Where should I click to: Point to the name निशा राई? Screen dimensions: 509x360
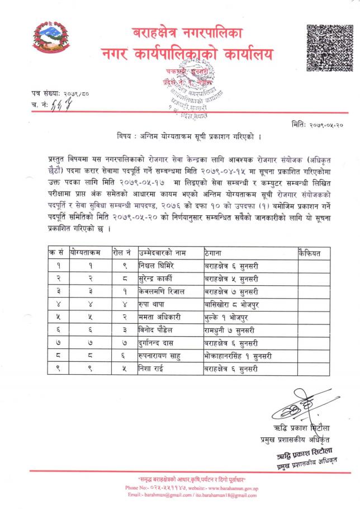pyautogui.click(x=152, y=369)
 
